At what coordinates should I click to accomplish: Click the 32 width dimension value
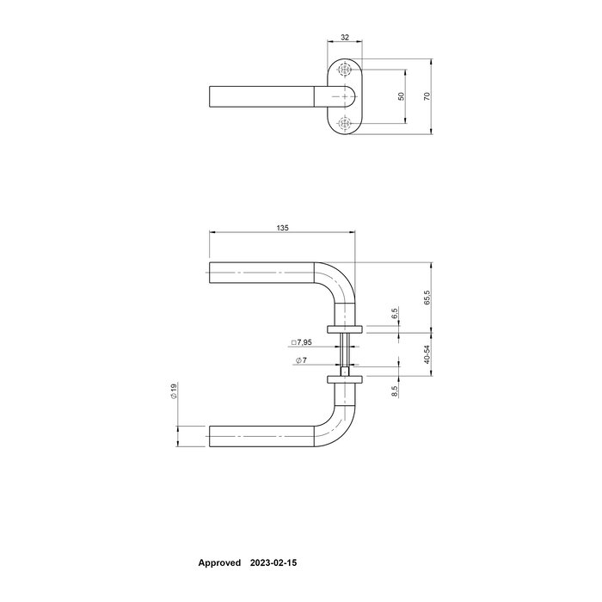(345, 37)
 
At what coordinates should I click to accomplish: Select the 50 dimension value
(400, 96)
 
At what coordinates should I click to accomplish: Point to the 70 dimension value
(427, 96)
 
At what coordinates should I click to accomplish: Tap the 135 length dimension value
(282, 228)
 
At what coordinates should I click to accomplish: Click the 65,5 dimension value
(427, 297)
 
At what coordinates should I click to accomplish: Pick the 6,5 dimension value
(395, 314)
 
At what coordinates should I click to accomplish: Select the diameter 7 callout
(301, 361)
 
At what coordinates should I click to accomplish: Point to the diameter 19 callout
(173, 392)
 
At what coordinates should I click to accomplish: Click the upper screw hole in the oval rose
(346, 70)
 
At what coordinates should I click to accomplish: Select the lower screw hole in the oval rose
(346, 124)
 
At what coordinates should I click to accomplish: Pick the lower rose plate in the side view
(346, 378)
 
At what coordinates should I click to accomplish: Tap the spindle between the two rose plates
(346, 353)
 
